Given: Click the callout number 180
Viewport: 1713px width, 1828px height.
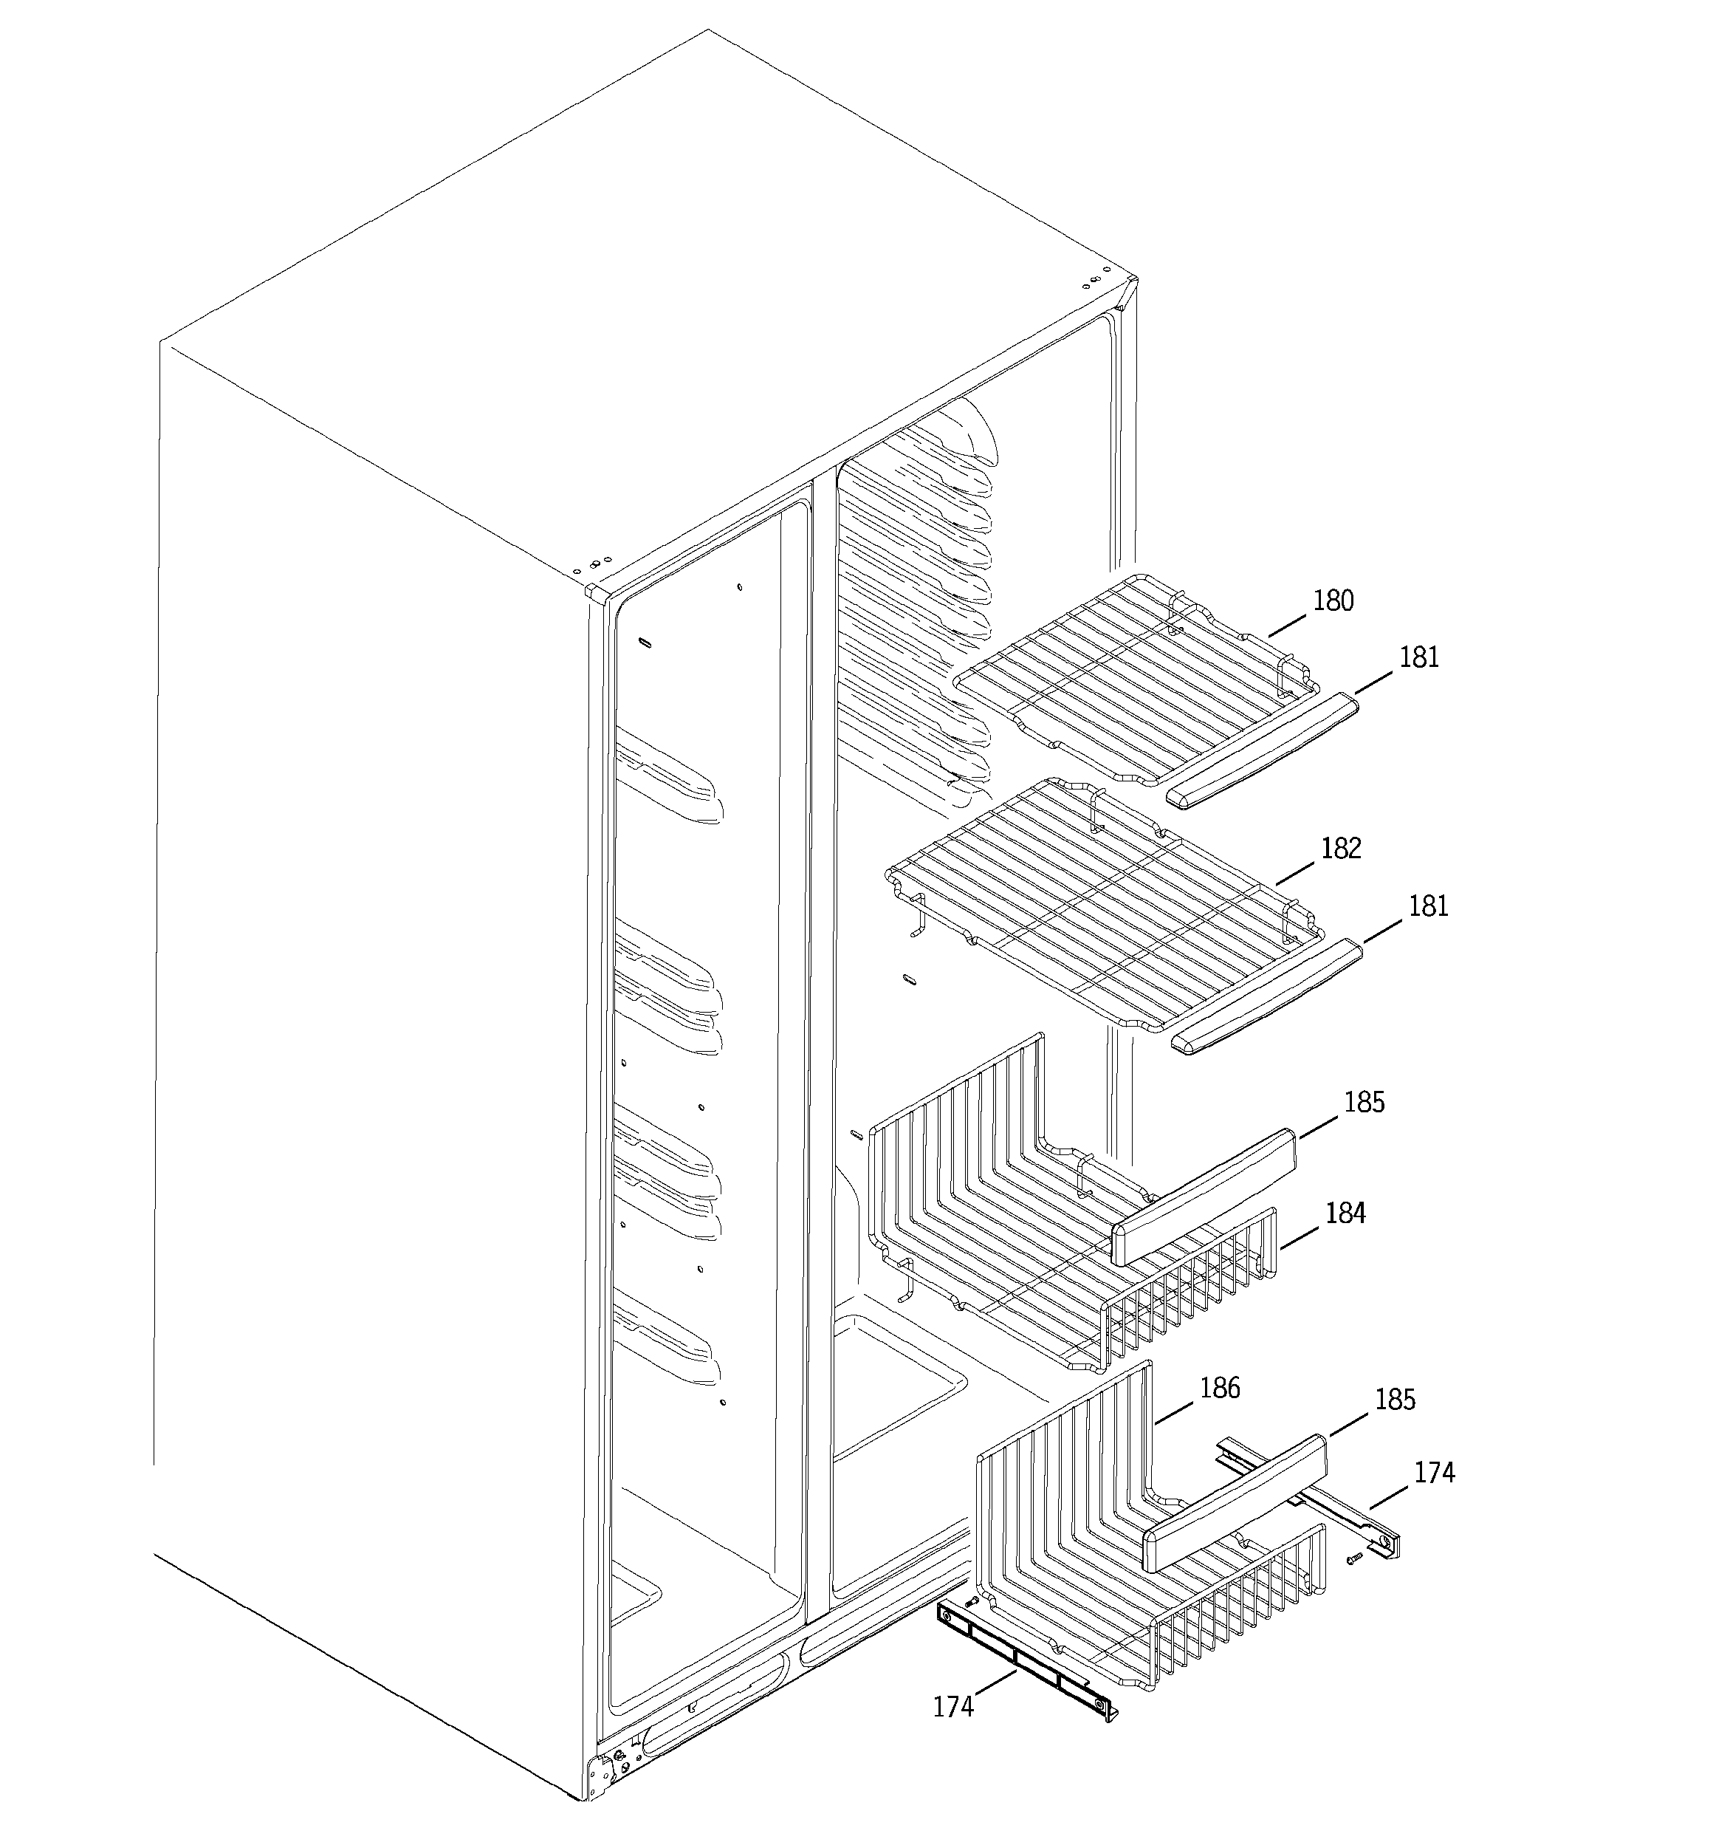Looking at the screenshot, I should pos(1332,600).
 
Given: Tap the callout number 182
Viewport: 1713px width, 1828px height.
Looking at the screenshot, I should pos(1341,848).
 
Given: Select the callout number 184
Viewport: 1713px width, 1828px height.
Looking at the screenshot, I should pos(1345,1213).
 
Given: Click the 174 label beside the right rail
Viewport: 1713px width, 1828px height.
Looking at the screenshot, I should pos(1435,1472).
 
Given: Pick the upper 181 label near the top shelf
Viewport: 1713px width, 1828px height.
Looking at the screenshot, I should pos(1420,657).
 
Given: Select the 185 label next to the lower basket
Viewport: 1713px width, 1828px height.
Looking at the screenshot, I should pos(1395,1400).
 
